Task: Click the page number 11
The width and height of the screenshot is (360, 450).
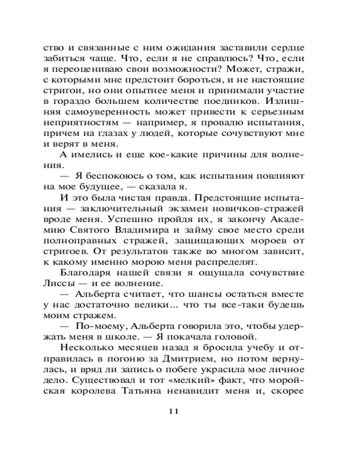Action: tap(173, 411)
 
